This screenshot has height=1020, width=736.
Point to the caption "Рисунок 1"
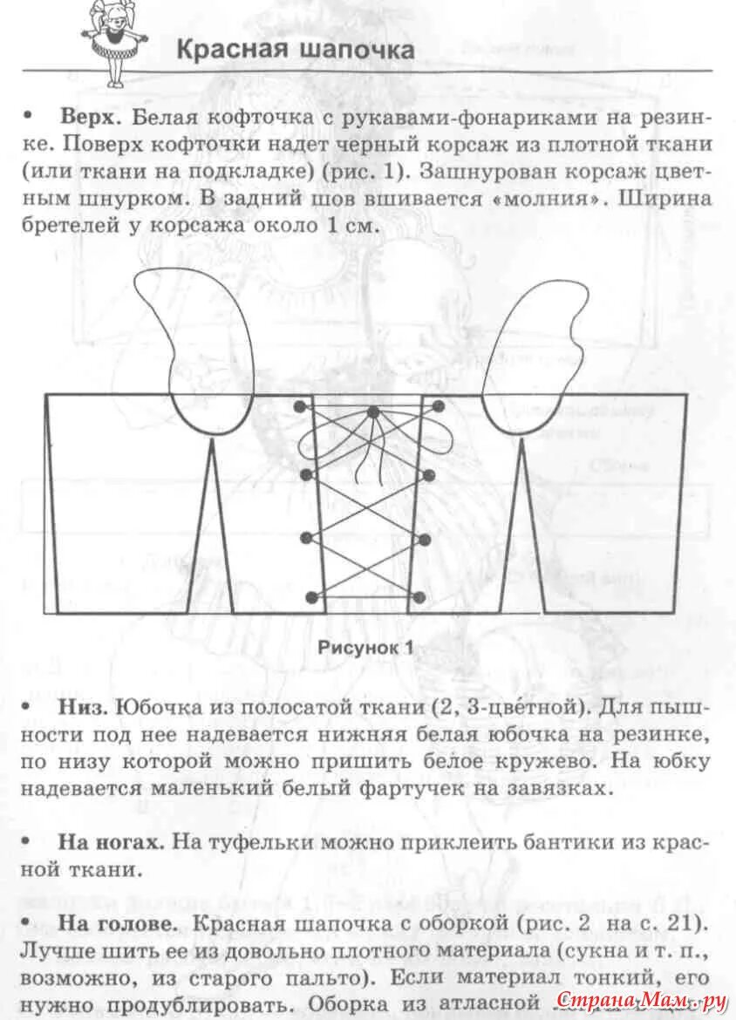[x=365, y=647]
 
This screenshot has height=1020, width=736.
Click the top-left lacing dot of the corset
[x=301, y=407]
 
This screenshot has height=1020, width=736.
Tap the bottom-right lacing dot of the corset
[x=419, y=598]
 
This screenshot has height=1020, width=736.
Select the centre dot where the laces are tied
[x=373, y=411]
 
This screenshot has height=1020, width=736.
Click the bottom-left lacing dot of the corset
[x=311, y=598]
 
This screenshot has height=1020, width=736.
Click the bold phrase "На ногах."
[x=111, y=843]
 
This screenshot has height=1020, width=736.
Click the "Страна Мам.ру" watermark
[x=641, y=998]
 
